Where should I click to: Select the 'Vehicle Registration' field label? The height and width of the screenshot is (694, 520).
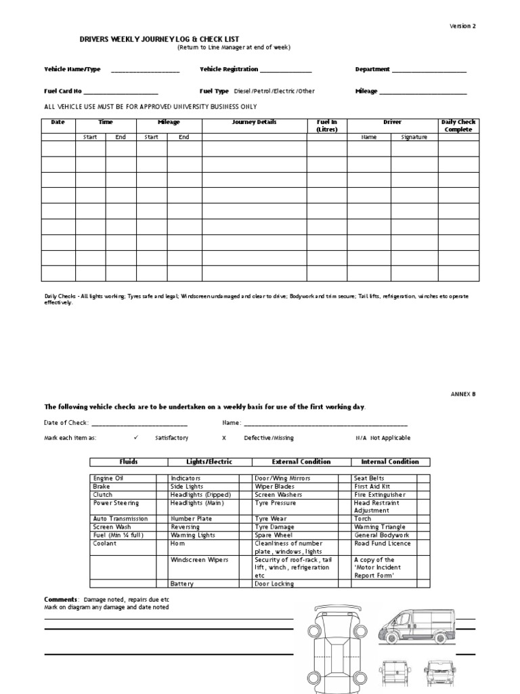229,69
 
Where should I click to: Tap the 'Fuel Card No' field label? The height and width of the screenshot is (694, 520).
63,91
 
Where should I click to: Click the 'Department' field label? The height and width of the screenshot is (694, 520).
372,69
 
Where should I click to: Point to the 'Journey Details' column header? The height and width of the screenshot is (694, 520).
254,123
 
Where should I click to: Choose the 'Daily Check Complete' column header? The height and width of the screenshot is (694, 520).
458,125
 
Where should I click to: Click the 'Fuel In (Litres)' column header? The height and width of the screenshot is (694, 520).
326,125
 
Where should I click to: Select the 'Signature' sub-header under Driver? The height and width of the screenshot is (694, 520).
414,137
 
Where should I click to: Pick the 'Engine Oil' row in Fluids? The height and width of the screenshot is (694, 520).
108,478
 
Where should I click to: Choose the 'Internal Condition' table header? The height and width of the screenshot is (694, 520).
390,462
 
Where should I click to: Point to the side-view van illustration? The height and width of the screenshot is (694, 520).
413,626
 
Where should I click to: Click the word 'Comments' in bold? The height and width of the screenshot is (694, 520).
60,600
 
